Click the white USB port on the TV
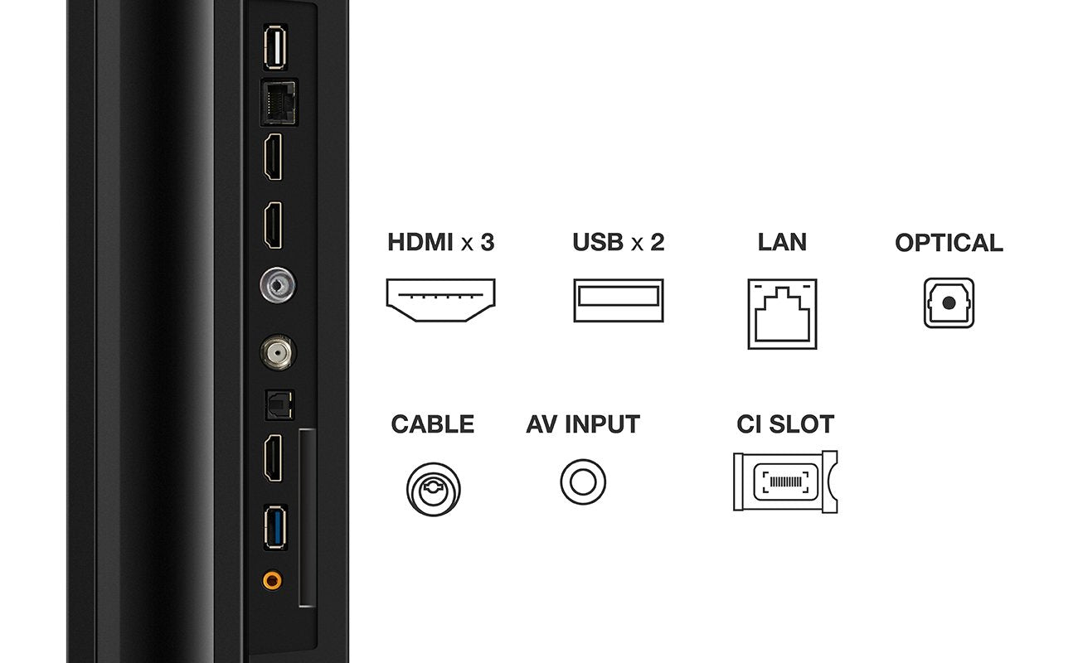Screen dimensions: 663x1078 tap(274, 49)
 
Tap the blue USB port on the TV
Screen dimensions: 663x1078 tap(274, 527)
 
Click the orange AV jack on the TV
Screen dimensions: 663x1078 tap(271, 580)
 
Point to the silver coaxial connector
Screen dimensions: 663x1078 tap(277, 285)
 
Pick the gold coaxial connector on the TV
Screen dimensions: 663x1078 tap(277, 353)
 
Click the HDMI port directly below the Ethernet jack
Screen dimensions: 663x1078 tap(273, 159)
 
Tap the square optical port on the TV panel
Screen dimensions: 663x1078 tap(276, 404)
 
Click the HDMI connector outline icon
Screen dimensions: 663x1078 tap(440, 301)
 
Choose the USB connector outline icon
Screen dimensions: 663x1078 tap(618, 301)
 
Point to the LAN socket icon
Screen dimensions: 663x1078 tap(782, 313)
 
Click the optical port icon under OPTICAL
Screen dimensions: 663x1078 tap(949, 303)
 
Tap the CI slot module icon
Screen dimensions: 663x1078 tap(785, 482)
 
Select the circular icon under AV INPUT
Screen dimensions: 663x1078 tap(583, 482)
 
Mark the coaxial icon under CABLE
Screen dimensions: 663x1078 tap(434, 486)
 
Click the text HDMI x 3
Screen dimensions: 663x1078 tap(440, 243)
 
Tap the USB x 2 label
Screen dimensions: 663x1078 tap(618, 243)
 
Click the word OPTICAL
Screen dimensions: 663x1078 tap(949, 243)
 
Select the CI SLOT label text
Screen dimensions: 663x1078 tap(784, 424)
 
